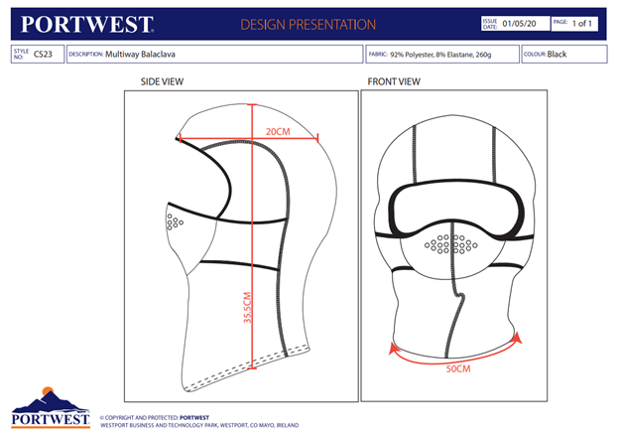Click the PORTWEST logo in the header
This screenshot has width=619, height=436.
(87, 25)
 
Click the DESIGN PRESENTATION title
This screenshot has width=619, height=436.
(308, 25)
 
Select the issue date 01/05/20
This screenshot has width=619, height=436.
(519, 24)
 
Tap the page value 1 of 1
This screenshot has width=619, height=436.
(582, 24)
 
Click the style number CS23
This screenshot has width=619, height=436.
(43, 55)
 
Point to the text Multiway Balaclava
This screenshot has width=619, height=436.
(140, 55)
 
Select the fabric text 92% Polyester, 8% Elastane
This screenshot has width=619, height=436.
(432, 55)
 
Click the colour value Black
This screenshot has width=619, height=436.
(557, 55)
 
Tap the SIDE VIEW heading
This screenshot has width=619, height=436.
(162, 81)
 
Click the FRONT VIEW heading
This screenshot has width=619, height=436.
(394, 81)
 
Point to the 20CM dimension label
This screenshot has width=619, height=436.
(278, 132)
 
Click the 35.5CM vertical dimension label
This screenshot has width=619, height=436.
(247, 308)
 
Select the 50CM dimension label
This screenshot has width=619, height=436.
(458, 368)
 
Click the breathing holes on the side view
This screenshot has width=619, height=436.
(175, 221)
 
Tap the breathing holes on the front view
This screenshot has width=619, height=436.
(450, 243)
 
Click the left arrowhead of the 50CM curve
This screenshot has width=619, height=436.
(394, 348)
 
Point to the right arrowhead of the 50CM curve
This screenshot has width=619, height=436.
(518, 338)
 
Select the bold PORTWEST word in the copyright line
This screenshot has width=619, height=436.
(194, 417)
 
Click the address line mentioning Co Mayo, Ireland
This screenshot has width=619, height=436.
(199, 425)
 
